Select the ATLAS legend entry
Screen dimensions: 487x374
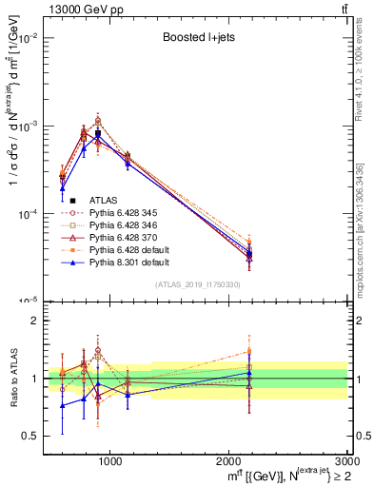[x=104, y=200]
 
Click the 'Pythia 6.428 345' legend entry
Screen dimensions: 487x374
[x=123, y=213]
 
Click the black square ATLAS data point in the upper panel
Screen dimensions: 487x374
[x=97, y=133]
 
